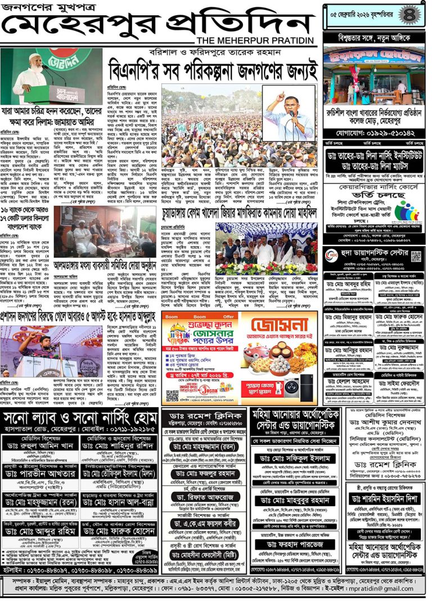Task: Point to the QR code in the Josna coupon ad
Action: (172, 395)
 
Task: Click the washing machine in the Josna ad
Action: (292, 386)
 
